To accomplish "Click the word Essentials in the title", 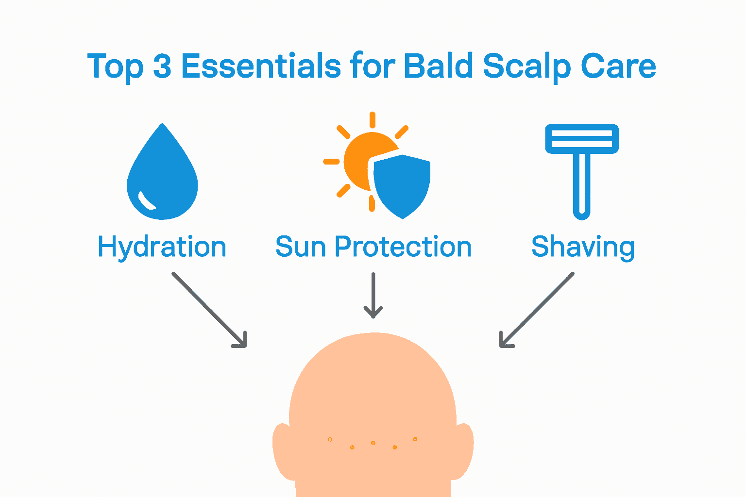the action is click(x=261, y=66).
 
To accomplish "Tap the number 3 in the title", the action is click(x=162, y=66).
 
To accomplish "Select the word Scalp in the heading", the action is click(x=526, y=68).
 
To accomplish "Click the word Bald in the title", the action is click(x=438, y=66).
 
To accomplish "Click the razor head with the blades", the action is click(x=582, y=139).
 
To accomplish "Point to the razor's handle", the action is click(x=582, y=186).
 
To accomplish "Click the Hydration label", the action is click(x=162, y=248).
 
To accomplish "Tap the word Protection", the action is click(x=403, y=247).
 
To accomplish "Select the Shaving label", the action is click(x=583, y=248).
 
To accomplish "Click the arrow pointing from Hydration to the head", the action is click(x=209, y=310).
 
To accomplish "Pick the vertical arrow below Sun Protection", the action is click(x=373, y=295).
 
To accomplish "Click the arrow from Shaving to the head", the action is click(x=537, y=310).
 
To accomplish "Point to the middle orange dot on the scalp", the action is click(x=373, y=443).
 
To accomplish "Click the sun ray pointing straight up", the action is click(x=373, y=120).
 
